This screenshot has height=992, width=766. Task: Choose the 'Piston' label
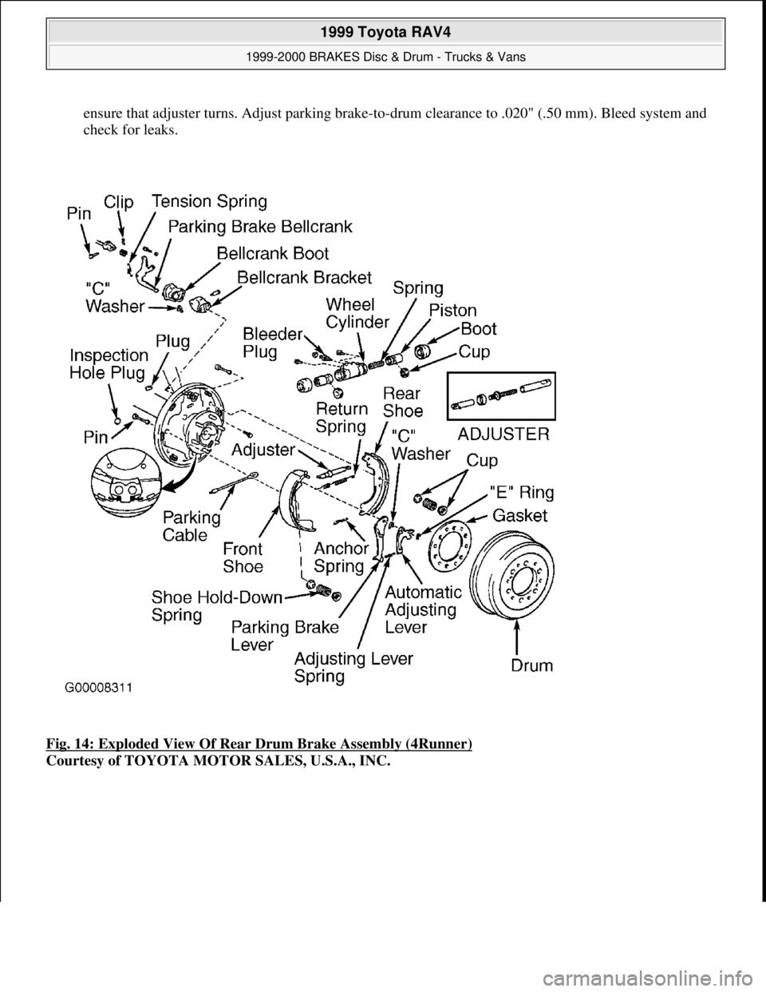(452, 310)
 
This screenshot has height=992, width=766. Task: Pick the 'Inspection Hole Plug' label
(109, 363)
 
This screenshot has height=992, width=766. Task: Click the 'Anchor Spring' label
(341, 558)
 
